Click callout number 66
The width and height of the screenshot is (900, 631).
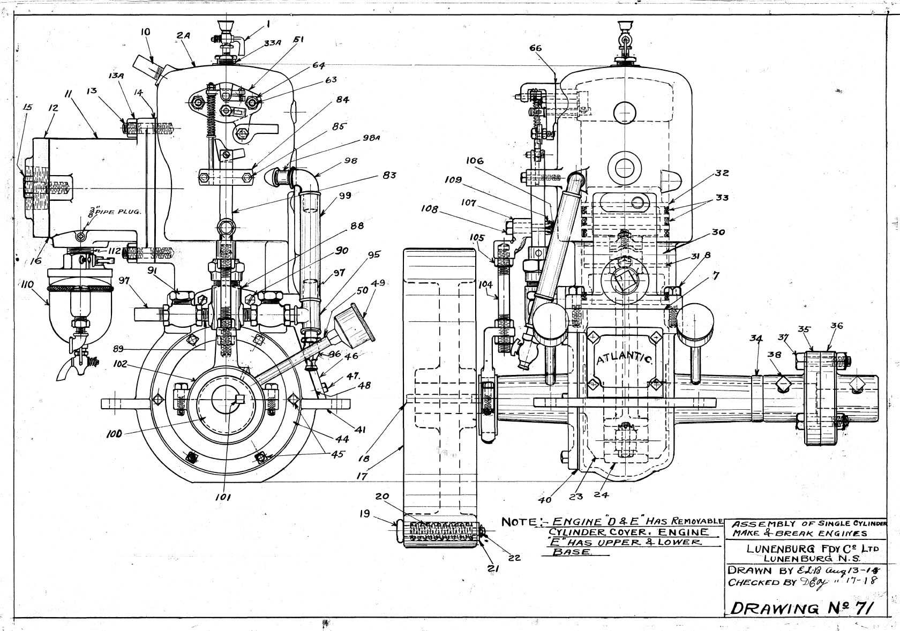pos(535,48)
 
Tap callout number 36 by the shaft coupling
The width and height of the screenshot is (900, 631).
pos(837,325)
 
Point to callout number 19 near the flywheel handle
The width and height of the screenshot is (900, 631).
pos(365,513)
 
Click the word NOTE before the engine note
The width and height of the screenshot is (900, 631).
pos(515,522)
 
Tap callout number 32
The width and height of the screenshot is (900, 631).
pos(722,173)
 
